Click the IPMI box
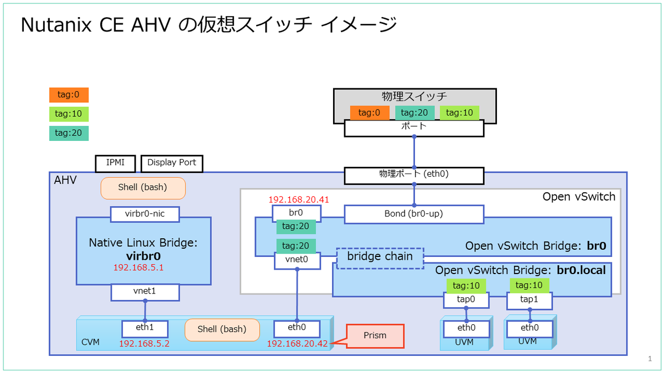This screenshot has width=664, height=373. pos(116,163)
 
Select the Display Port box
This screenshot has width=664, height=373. pos(172,163)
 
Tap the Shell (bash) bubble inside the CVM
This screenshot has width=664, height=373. pos(222,329)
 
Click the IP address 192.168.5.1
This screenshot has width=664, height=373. pos(138,267)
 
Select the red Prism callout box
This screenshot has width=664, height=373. pos(375,335)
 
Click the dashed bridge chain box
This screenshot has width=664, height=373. pos(380,258)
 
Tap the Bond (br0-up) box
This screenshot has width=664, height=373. pos(414,214)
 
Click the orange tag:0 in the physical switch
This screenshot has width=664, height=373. pos(369,113)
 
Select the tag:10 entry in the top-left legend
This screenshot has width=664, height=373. pos(69,114)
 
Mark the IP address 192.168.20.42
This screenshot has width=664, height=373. pos(297,344)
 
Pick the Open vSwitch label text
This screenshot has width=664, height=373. pos(578,197)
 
